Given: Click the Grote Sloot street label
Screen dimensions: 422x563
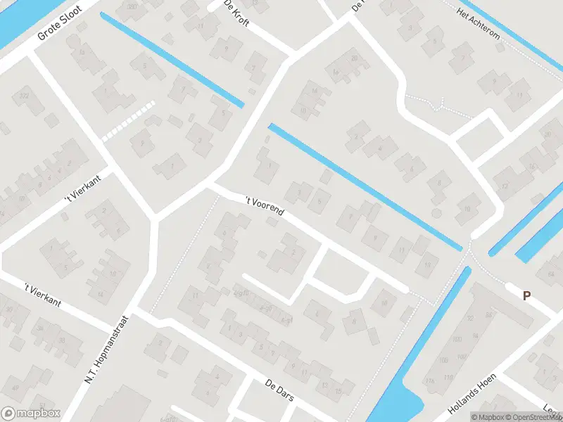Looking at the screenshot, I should pyautogui.click(x=60, y=23).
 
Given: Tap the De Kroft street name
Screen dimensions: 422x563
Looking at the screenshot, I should pyautogui.click(x=237, y=13).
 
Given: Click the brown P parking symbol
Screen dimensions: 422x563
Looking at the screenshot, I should pyautogui.click(x=526, y=296).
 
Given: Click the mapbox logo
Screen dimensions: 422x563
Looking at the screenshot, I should pyautogui.click(x=30, y=414).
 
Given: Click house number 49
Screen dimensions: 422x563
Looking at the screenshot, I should pyautogui.click(x=13, y=387).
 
